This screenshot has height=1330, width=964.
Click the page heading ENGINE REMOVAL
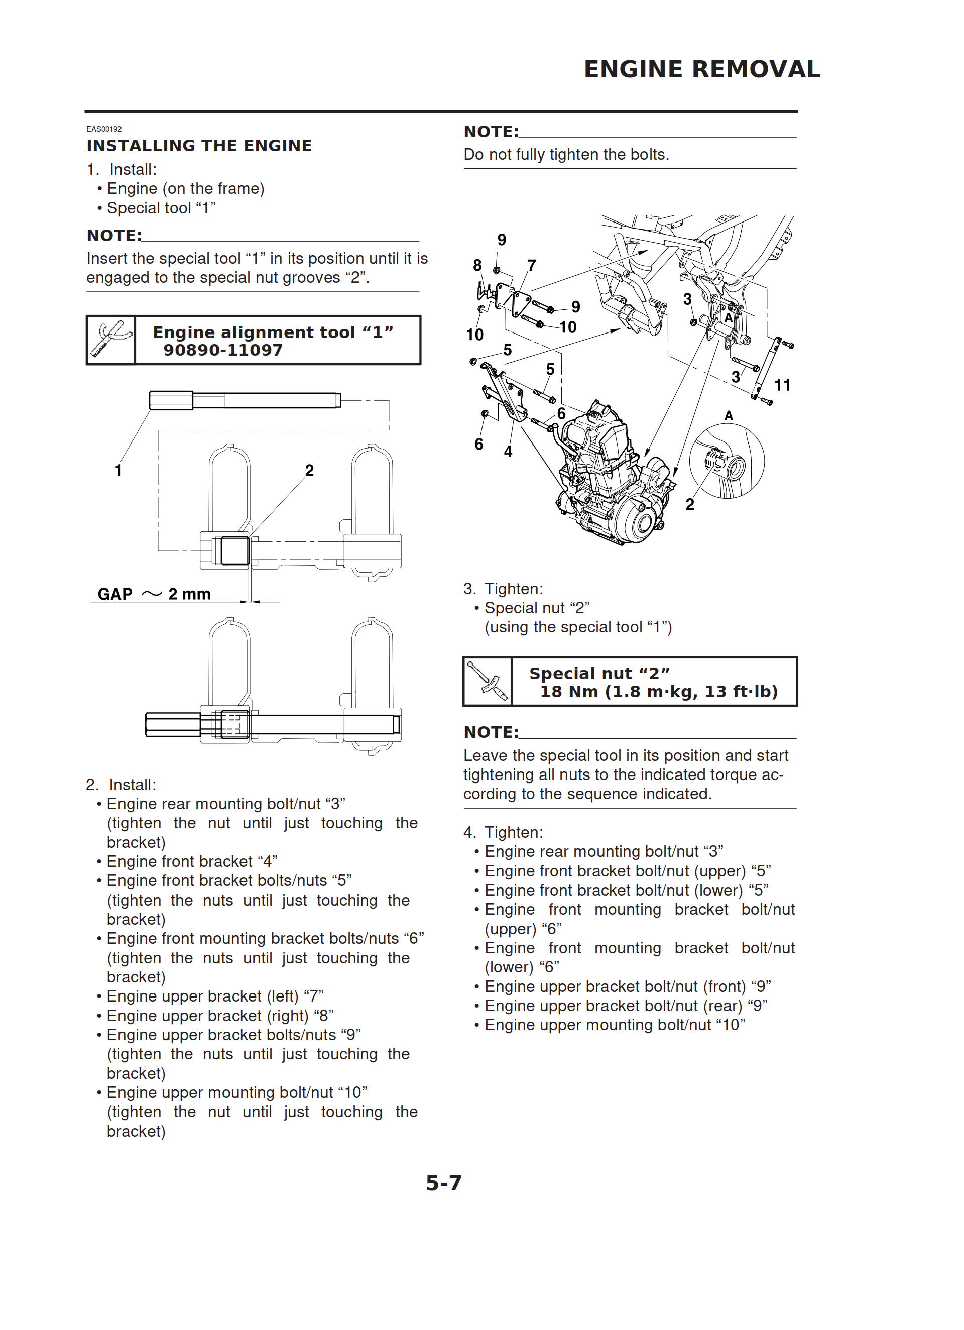701,69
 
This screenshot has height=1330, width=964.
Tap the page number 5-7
443,1183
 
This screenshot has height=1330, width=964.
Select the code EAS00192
104,129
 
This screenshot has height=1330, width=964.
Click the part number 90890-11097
223,350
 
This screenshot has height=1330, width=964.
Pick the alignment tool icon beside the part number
111,340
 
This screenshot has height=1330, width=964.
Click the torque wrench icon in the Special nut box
488,682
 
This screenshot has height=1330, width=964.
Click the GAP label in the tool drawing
115,594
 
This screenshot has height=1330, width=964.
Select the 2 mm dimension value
189,594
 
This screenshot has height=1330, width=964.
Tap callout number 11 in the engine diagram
782,385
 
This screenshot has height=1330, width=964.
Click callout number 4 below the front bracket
508,452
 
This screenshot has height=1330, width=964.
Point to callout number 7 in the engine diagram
531,266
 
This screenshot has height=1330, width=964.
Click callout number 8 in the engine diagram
477,266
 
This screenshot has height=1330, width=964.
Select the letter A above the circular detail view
729,415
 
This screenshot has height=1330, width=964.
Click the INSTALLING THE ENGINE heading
199,146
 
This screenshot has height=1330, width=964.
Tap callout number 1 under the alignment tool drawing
118,470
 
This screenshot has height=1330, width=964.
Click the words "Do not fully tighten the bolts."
566,154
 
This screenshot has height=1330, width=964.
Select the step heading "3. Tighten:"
503,589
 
